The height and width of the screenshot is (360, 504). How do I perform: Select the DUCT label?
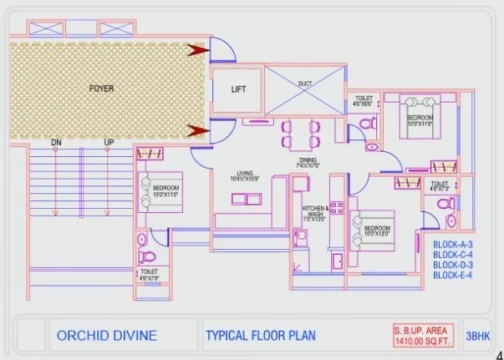(303, 83)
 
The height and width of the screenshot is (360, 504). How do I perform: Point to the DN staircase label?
(56, 143)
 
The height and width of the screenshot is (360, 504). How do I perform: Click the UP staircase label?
(109, 143)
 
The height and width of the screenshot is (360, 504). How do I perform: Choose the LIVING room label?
(245, 173)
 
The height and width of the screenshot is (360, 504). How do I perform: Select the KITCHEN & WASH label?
(315, 212)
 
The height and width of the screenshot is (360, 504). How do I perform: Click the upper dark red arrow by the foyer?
(197, 51)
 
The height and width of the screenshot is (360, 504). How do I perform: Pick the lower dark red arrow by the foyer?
(197, 130)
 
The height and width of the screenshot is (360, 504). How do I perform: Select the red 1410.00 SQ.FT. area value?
(421, 341)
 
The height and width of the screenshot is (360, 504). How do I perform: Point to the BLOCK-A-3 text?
(453, 245)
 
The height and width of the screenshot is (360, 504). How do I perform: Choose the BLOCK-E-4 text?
(453, 275)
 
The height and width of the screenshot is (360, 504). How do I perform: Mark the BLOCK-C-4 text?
(453, 255)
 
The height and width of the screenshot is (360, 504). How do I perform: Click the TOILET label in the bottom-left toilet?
(150, 271)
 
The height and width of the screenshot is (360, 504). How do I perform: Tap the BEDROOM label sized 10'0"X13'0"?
(376, 228)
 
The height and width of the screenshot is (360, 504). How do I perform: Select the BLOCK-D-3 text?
(453, 265)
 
